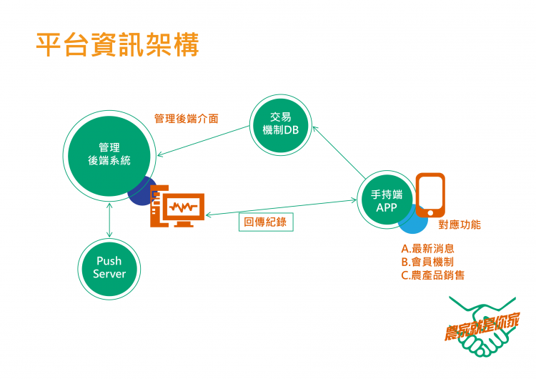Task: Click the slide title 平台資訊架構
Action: coord(118,44)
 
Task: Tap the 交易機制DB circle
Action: coord(280,124)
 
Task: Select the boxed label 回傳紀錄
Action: coord(265,222)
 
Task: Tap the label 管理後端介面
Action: coord(186,119)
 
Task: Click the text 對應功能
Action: coord(459,225)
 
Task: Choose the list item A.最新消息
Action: coord(427,249)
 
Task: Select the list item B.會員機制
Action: coord(427,262)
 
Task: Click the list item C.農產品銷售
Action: coord(432,275)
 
